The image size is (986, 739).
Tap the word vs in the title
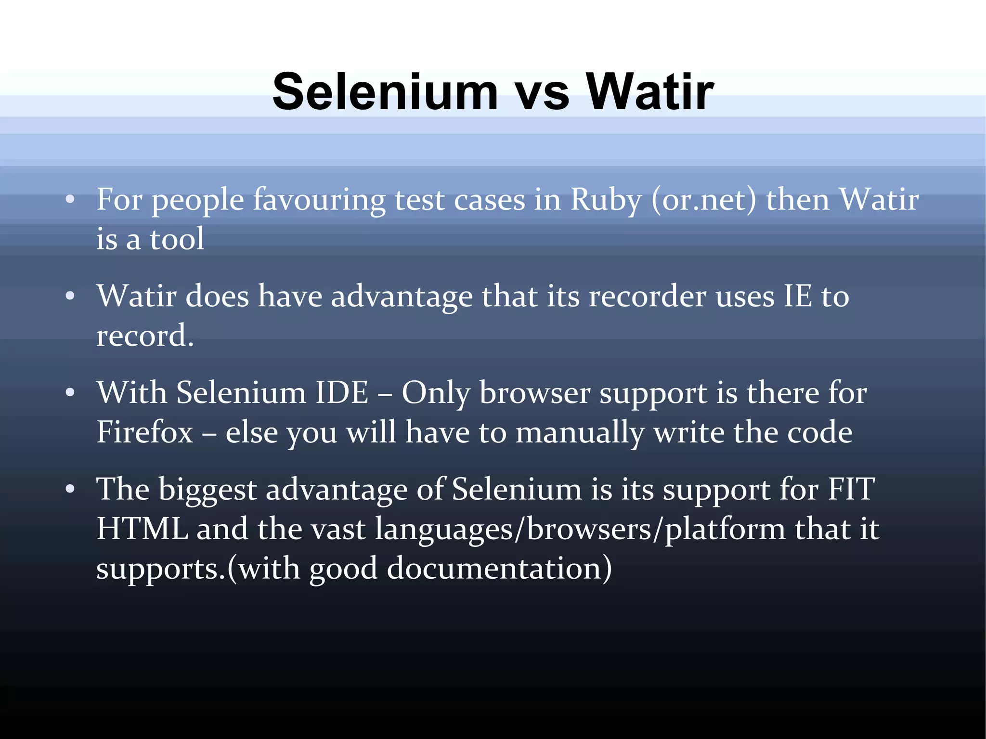pyautogui.click(x=543, y=92)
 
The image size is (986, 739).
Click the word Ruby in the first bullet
pyautogui.click(x=606, y=200)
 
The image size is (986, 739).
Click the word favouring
pyautogui.click(x=319, y=200)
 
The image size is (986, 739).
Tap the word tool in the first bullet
pyautogui.click(x=177, y=239)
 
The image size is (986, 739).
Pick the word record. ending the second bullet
pyautogui.click(x=145, y=336)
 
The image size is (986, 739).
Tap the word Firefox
pyautogui.click(x=144, y=432)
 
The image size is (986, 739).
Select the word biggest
pyautogui.click(x=208, y=490)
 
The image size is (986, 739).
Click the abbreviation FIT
pyautogui.click(x=851, y=490)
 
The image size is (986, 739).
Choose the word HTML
pyautogui.click(x=142, y=529)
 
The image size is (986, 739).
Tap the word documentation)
pyautogui.click(x=499, y=569)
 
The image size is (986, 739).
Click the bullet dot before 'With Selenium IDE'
pyautogui.click(x=70, y=392)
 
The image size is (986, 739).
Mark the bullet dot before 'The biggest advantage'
pyautogui.click(x=70, y=490)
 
